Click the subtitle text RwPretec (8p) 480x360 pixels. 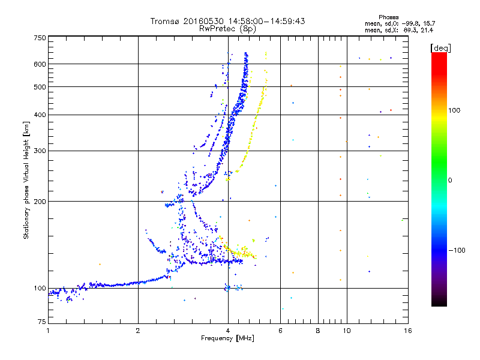pos(227,29)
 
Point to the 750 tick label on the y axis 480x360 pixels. pos(40,38)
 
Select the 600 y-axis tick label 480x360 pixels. pos(40,64)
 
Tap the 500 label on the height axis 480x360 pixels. pos(40,87)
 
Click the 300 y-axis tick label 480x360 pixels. pos(40,151)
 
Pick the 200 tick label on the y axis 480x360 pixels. pos(40,202)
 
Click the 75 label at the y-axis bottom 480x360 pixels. pos(42,322)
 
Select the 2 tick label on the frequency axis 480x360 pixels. pos(138,331)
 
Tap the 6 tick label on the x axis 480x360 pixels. pos(280,331)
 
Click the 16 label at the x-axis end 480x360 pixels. pos(408,331)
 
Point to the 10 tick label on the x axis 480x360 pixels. pos(347,331)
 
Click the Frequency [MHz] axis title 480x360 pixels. pos(227,338)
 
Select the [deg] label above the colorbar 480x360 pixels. pos(440,48)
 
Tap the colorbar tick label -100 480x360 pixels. pos(457,250)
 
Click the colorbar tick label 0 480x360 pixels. pos(450,181)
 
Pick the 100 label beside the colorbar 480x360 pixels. pos(454,110)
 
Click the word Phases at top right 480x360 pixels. pos(388,17)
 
